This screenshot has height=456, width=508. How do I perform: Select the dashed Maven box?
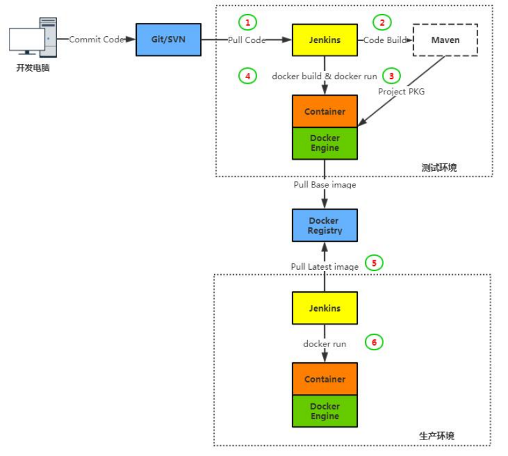coord(445,40)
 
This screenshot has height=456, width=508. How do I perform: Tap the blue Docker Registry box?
coord(325,225)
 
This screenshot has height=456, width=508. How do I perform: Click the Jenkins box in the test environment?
coord(325,40)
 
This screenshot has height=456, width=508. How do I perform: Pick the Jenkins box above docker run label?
coord(325,308)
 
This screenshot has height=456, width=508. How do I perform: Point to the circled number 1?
coord(248,22)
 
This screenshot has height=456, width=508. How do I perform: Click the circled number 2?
coord(381,22)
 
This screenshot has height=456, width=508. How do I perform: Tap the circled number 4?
coord(248,75)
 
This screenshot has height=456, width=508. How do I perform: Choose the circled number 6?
coord(374,343)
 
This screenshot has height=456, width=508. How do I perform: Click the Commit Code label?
coord(96,40)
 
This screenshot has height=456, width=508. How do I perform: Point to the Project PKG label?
coord(402,91)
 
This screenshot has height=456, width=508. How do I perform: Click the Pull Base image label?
coord(325,185)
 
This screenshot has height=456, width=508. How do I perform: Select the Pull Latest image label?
coord(325,267)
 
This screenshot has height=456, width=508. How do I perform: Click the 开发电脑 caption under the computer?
coord(32,68)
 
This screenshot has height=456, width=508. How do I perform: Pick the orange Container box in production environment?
coord(325,379)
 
